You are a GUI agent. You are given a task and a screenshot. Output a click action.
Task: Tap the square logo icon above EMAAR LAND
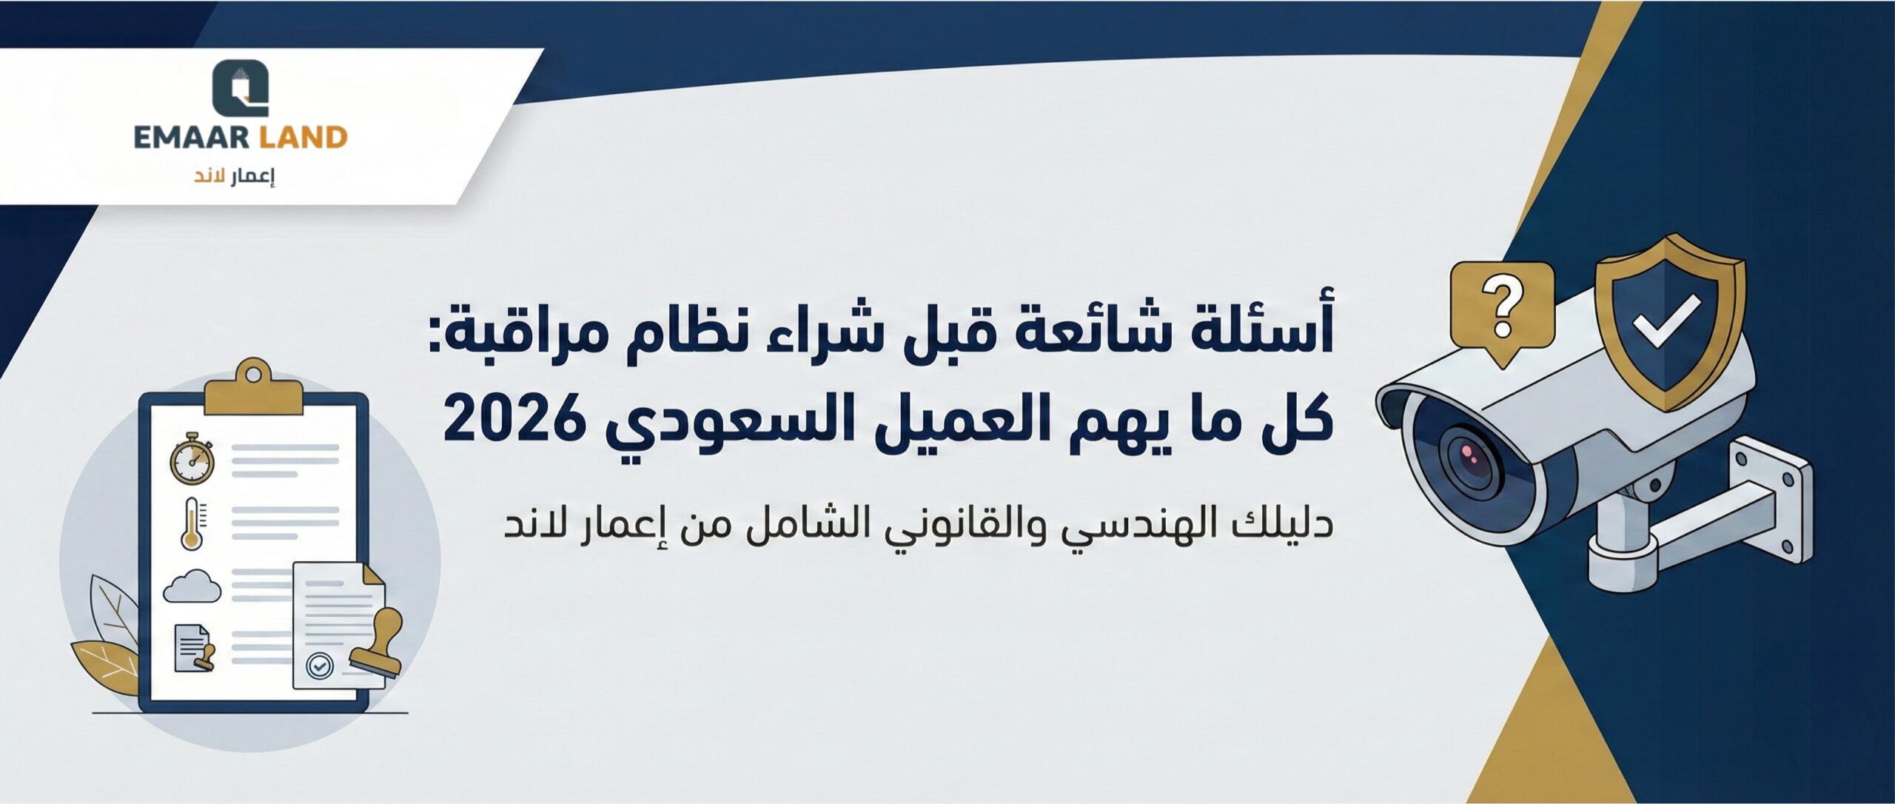[x=241, y=88]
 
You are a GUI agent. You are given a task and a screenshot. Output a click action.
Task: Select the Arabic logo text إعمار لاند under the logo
[x=234, y=178]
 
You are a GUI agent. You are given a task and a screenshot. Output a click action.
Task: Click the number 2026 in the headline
[x=512, y=418]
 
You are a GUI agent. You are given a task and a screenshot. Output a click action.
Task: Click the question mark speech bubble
[x=1502, y=315]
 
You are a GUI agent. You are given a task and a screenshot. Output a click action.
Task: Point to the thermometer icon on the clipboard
[x=192, y=523]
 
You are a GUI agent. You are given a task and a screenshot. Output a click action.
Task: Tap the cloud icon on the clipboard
[x=192, y=586]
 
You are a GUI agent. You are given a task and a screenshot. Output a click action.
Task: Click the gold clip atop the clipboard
[x=254, y=389]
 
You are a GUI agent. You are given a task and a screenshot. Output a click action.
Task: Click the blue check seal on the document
[x=320, y=666]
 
